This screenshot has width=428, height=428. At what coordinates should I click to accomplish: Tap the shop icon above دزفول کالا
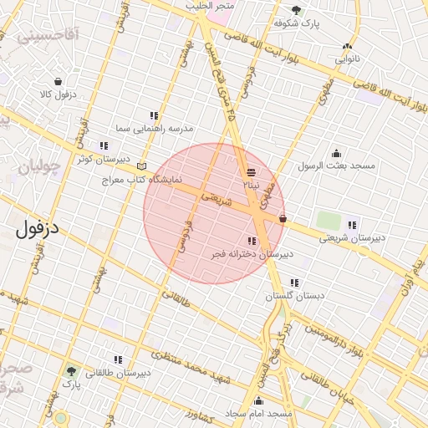[x=58, y=82]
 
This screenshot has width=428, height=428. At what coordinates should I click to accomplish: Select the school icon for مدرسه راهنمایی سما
[x=154, y=115]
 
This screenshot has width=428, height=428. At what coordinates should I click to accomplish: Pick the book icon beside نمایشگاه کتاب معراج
[x=141, y=166]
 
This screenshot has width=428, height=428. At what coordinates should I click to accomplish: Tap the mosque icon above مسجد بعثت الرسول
[x=336, y=153]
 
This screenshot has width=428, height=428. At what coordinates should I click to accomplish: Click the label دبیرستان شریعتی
[x=353, y=237]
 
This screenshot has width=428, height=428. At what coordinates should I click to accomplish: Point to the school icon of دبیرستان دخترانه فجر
[x=252, y=241]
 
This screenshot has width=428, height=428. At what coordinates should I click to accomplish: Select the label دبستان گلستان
[x=294, y=296]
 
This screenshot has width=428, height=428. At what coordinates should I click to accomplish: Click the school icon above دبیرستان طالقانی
[x=118, y=359]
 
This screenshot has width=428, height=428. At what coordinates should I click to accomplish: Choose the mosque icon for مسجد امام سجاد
[x=259, y=400]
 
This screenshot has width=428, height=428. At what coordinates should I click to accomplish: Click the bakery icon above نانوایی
[x=347, y=47]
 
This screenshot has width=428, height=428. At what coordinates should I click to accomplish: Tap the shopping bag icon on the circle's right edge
[x=283, y=219]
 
